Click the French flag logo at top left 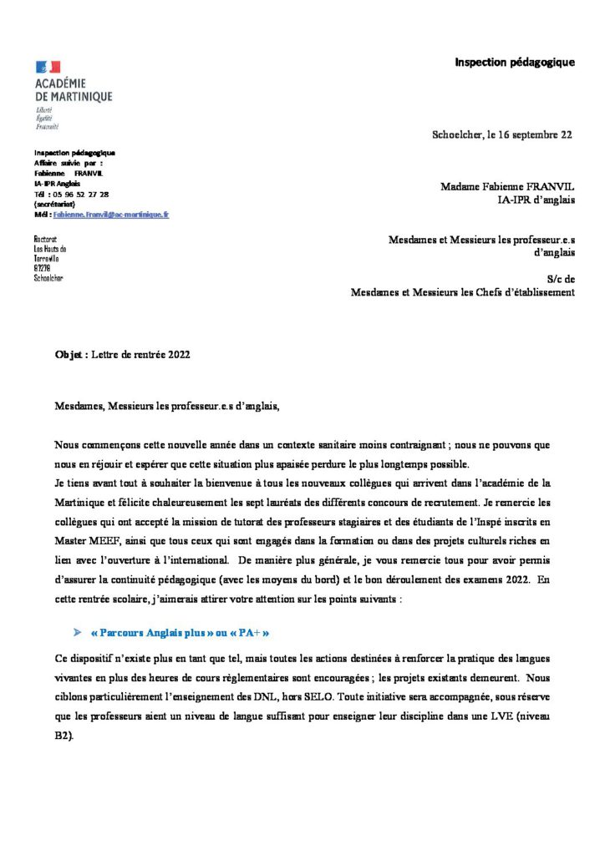48,67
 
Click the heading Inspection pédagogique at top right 514,63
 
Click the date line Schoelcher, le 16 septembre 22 501,135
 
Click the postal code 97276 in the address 42,268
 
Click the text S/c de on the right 560,279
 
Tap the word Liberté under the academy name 44,110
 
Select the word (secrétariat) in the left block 52,204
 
